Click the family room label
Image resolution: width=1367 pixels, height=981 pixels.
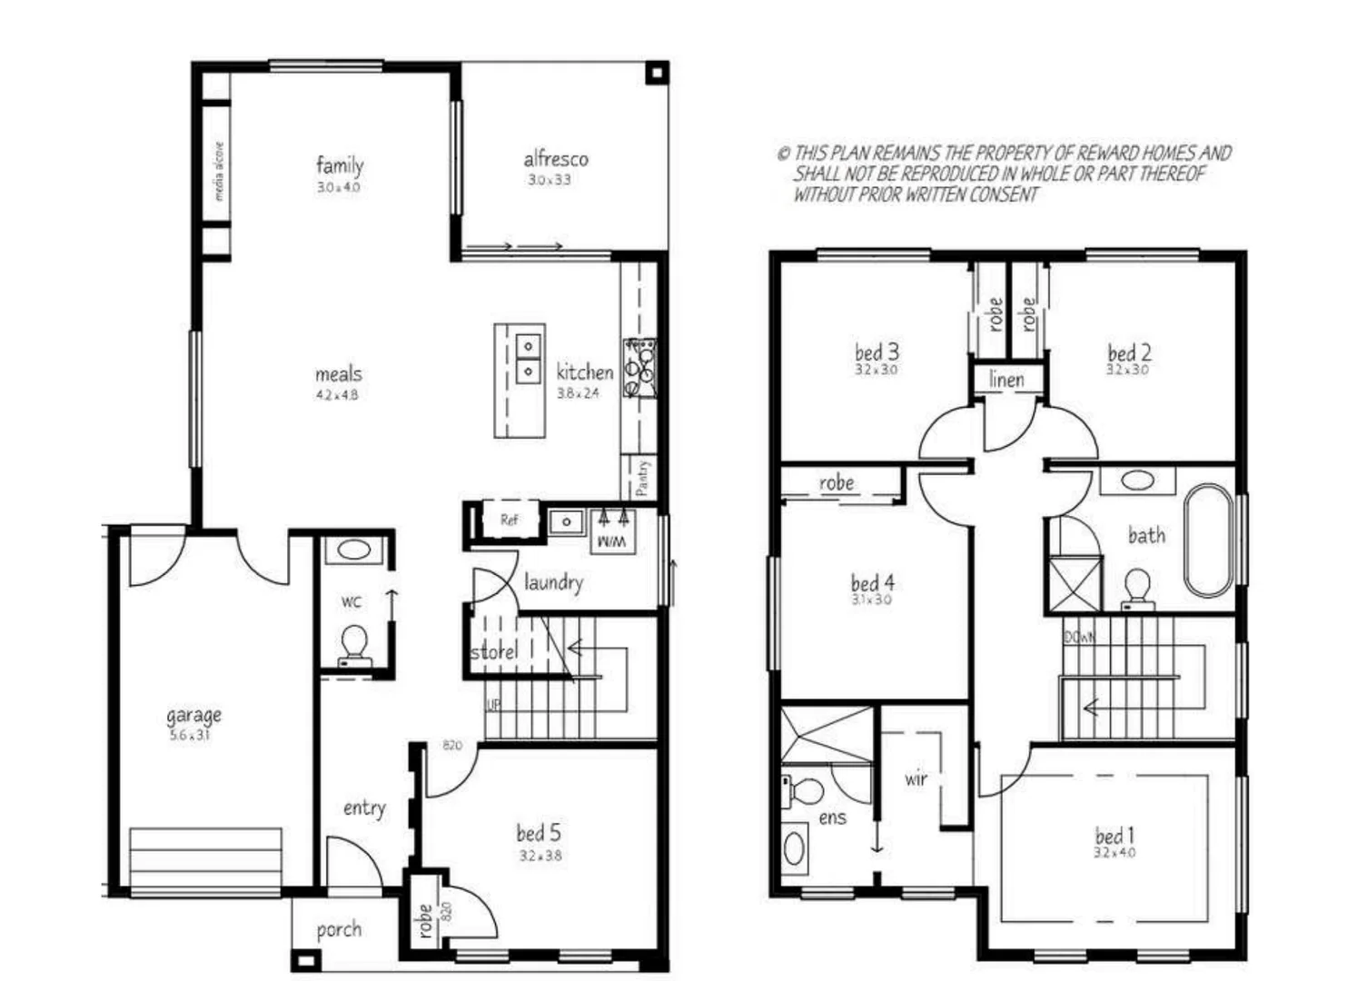click(x=340, y=165)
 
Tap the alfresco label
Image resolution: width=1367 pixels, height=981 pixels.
click(x=555, y=159)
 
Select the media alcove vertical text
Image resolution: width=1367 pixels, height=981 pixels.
click(x=218, y=170)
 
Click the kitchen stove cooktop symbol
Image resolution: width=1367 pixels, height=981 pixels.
click(x=639, y=368)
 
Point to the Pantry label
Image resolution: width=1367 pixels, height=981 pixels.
click(x=642, y=478)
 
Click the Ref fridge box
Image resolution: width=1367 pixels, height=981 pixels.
click(x=509, y=520)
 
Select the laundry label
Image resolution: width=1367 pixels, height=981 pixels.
click(x=552, y=581)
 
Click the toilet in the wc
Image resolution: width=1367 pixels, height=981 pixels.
click(x=353, y=646)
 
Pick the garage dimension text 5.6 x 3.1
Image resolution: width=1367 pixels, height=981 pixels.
click(x=190, y=736)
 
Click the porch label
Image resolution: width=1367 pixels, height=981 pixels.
click(x=339, y=929)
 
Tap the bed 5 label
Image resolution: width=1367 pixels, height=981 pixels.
click(x=538, y=832)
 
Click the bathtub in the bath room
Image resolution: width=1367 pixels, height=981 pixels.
click(x=1209, y=541)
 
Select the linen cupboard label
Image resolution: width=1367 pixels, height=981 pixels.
click(x=1006, y=380)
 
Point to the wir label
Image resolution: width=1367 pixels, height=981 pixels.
click(x=916, y=778)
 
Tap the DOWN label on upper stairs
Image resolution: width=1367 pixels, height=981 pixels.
click(x=1079, y=638)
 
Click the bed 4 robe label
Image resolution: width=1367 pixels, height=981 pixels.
click(x=836, y=482)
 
